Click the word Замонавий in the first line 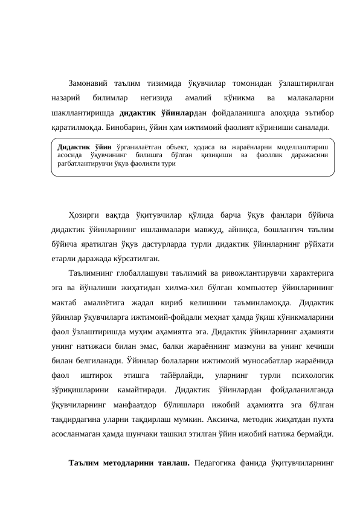click(89, 83)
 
